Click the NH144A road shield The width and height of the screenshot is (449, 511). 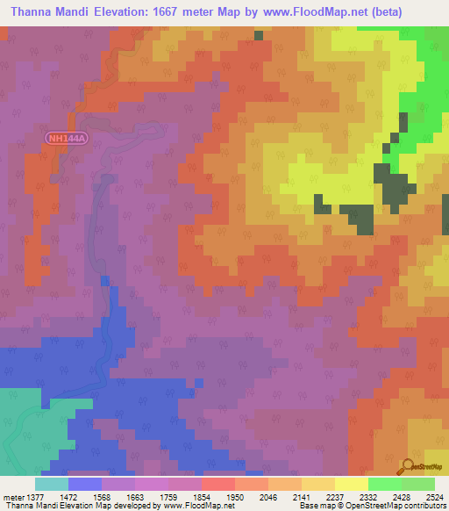pos(67,139)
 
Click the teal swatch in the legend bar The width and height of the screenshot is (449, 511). pos(51,484)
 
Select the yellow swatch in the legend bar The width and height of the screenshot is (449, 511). pos(351,484)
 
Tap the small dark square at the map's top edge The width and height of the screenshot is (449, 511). pos(259,35)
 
